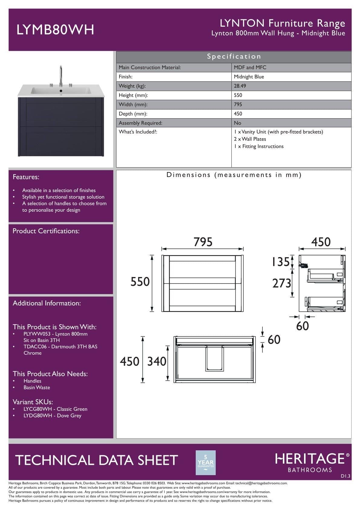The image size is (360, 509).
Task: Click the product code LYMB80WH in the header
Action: pos(55,30)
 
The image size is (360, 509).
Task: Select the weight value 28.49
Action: pos(240,86)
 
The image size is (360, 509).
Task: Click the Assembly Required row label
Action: pos(140,123)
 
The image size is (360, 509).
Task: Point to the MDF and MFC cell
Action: pos(250,67)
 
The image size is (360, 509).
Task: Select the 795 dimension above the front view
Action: pos(203,242)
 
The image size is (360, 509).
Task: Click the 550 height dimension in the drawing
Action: pos(140,282)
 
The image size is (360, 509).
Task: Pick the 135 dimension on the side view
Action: pos(281,262)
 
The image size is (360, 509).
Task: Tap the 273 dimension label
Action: pos(281,283)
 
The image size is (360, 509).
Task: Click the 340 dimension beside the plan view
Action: pos(157,361)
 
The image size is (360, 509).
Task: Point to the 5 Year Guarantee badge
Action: pos(206,463)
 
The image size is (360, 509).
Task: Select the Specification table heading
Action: pos(234,57)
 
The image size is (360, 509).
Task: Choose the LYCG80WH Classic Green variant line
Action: pos(55,409)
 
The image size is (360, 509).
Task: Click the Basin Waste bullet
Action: pos(37,387)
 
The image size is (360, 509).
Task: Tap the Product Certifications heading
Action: pos(46,231)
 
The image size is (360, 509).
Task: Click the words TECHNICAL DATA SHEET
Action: pos(96,460)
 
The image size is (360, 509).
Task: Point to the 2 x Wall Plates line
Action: pos(250,139)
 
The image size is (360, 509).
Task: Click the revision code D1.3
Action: pos(345,476)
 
